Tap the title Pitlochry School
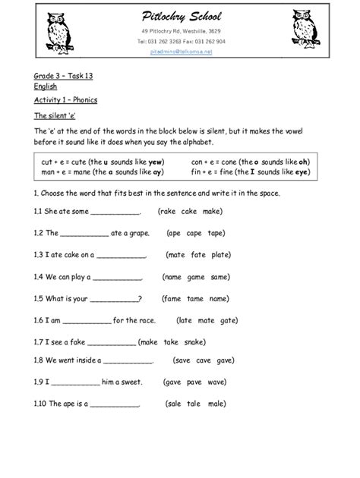tap(180, 17)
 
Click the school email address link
tap(179, 52)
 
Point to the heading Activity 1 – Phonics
tap(65, 100)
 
